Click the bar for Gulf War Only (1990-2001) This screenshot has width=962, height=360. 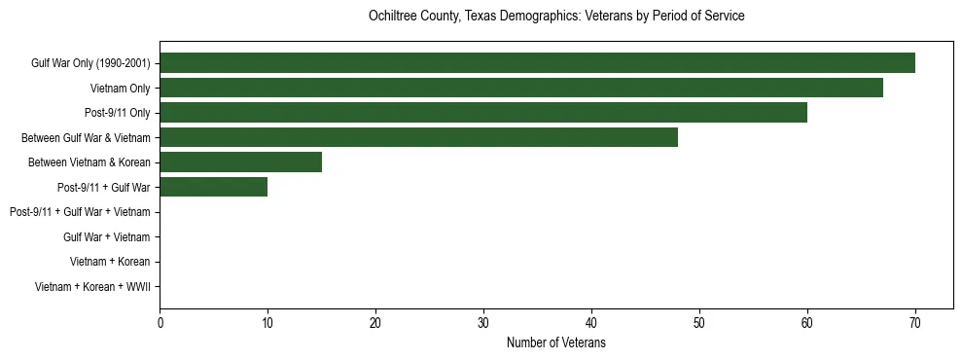[537, 63]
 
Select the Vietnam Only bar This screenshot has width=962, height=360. [521, 88]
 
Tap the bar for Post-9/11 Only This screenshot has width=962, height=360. [483, 113]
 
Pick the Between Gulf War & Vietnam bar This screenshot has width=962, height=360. [418, 137]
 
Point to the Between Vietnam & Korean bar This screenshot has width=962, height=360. [240, 162]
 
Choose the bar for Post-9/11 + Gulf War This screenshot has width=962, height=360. [213, 187]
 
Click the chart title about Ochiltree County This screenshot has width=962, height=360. [556, 17]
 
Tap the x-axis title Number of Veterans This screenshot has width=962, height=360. [556, 342]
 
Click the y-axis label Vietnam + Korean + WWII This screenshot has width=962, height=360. [92, 286]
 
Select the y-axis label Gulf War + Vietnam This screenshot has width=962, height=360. [106, 236]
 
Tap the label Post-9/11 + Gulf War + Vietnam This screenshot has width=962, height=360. [80, 212]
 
